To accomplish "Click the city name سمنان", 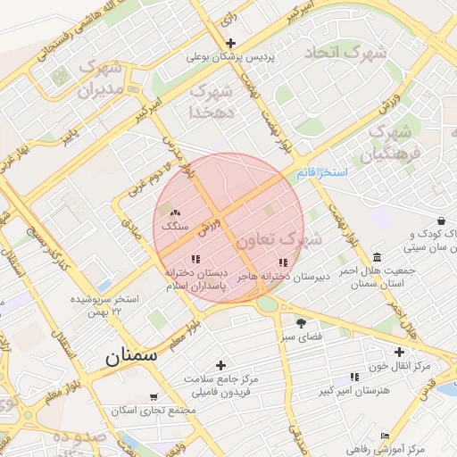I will (130, 356).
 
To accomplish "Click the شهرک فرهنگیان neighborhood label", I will (389, 144).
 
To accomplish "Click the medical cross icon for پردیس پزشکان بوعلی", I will (231, 43).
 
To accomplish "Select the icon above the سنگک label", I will (175, 213).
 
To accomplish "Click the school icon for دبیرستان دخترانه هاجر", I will (283, 262).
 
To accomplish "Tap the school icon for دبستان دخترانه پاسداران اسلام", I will (195, 260).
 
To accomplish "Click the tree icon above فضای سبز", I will (301, 322).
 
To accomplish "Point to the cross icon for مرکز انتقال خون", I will (399, 352).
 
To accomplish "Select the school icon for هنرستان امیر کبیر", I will (355, 377).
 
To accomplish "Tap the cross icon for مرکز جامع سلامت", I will (220, 364).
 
